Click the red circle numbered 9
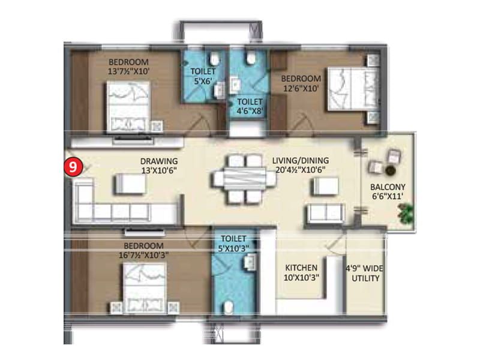[x=73, y=167]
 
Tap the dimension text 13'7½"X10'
[x=128, y=71]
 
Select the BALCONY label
[x=388, y=187]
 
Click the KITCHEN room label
[x=301, y=268]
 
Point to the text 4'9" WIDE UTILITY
[x=365, y=274]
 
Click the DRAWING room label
[x=159, y=161]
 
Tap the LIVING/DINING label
[x=301, y=160]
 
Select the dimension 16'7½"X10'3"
[x=143, y=255]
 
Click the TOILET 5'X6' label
[x=203, y=76]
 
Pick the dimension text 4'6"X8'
[x=250, y=111]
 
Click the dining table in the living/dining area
[x=244, y=179]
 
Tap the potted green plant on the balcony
[x=406, y=213]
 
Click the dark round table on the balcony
[x=389, y=171]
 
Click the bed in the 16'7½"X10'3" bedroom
[x=145, y=288]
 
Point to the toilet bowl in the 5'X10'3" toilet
[x=229, y=308]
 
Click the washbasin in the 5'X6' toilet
[x=220, y=91]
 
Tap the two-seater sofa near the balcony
[x=326, y=214]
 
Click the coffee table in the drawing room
[x=131, y=184]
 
